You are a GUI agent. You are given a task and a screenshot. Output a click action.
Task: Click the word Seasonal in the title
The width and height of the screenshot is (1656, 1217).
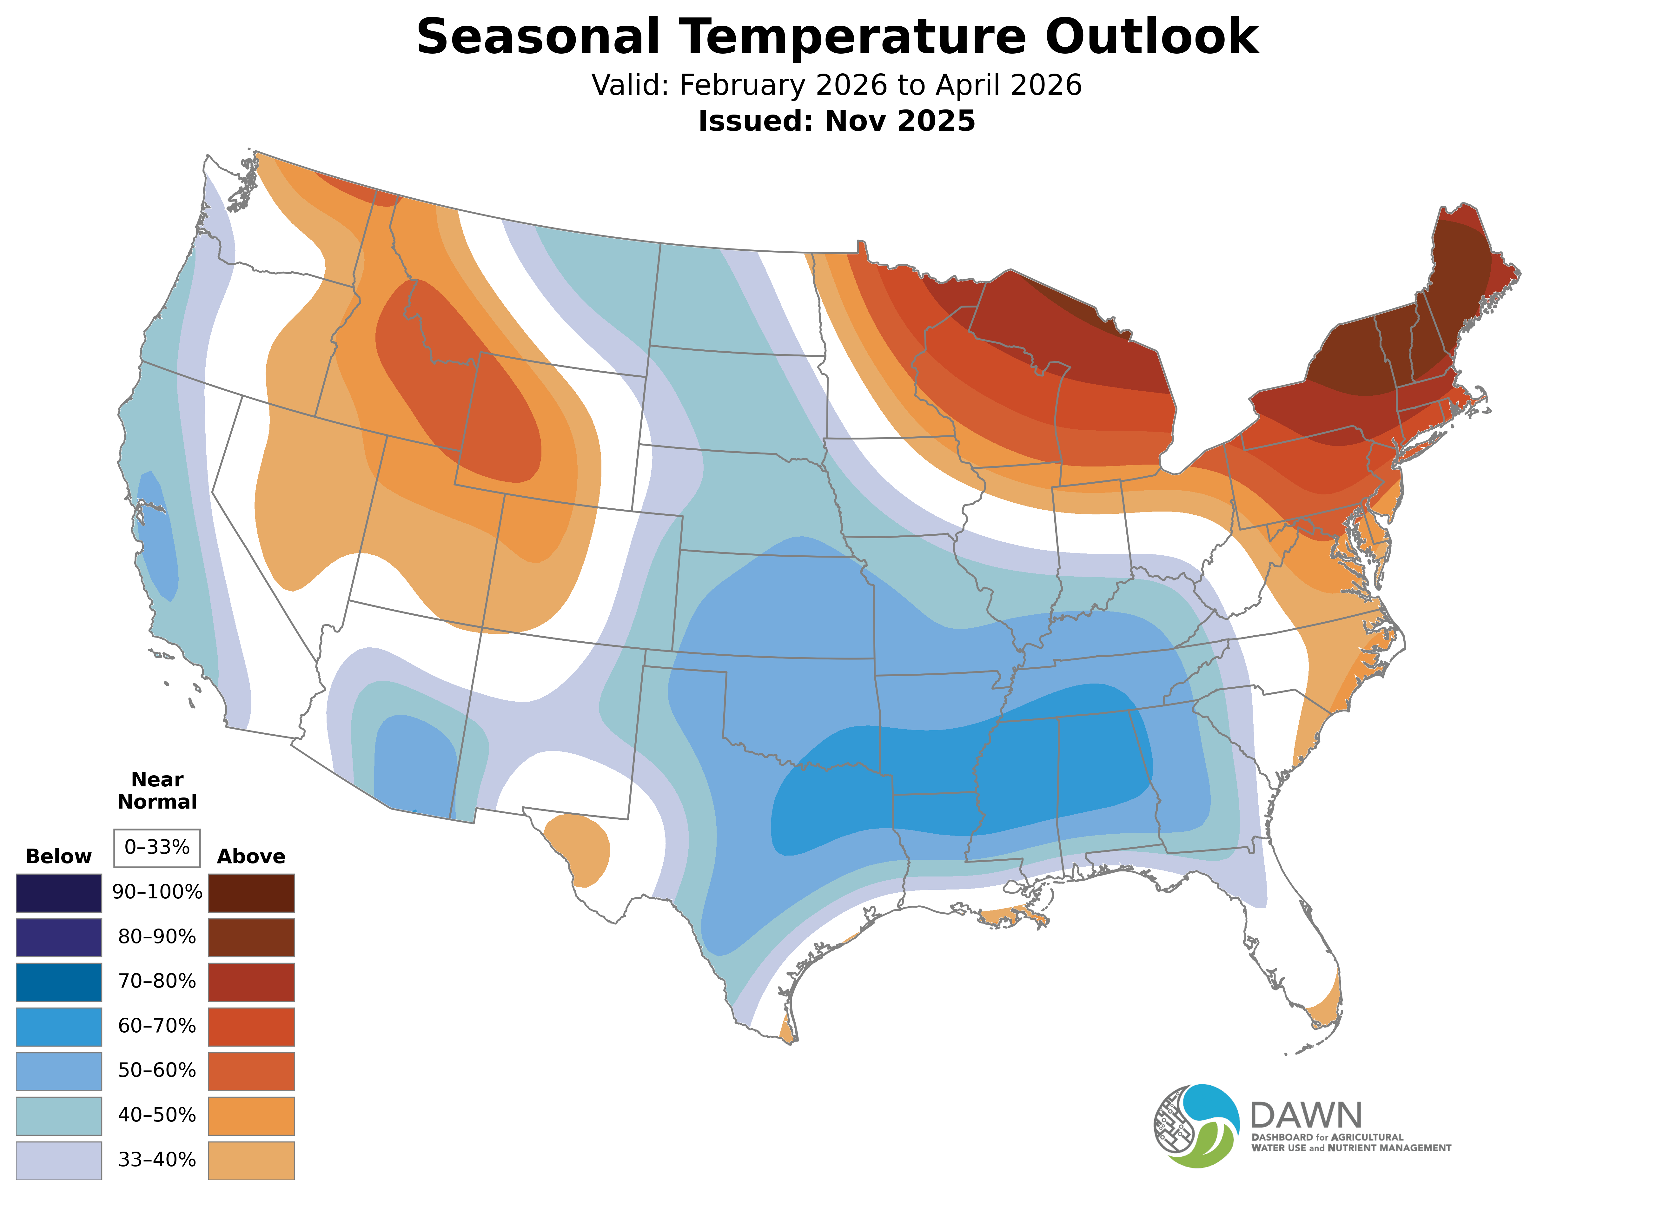538,37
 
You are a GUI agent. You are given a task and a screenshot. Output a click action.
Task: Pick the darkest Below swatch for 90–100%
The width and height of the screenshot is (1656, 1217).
59,893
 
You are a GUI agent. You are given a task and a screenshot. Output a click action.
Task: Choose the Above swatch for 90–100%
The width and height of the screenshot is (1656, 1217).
251,893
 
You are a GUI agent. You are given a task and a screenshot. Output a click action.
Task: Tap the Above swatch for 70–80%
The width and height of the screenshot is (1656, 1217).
251,982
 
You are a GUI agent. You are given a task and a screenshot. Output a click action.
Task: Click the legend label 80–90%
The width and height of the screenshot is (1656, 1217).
157,937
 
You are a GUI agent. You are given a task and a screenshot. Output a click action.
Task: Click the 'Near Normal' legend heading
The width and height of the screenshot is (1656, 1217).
157,790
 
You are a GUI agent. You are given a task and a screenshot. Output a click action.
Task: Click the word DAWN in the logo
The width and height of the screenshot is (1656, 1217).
1305,1116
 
